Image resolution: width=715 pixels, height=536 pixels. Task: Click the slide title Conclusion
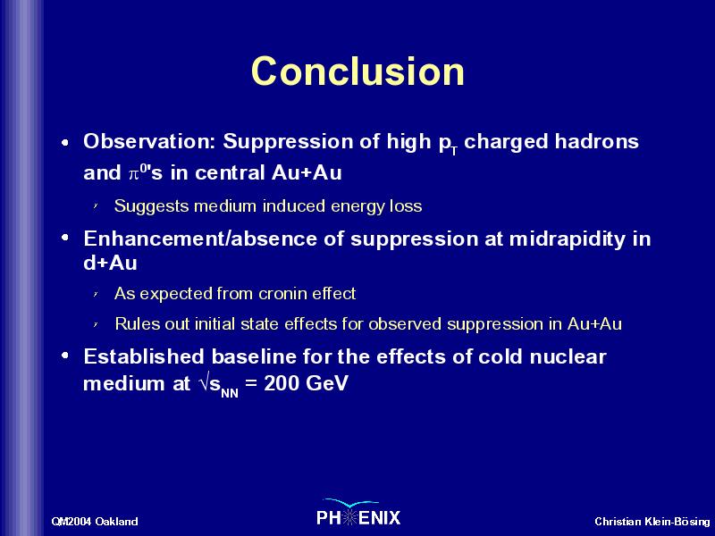[357, 71]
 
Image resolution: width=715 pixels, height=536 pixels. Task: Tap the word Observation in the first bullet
[148, 141]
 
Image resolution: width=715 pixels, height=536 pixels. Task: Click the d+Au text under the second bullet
[110, 263]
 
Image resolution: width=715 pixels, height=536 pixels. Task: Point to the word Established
[143, 356]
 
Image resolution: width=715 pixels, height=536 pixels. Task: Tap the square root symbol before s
[204, 383]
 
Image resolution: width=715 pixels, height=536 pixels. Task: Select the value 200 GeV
[306, 383]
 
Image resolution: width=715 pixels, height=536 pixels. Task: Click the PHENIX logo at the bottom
[358, 513]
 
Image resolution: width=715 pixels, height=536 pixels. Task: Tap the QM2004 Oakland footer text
[95, 521]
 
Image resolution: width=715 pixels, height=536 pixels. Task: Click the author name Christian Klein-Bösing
[652, 521]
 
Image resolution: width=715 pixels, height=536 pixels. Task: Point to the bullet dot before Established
[65, 356]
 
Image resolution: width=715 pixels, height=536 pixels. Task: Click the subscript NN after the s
[230, 393]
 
